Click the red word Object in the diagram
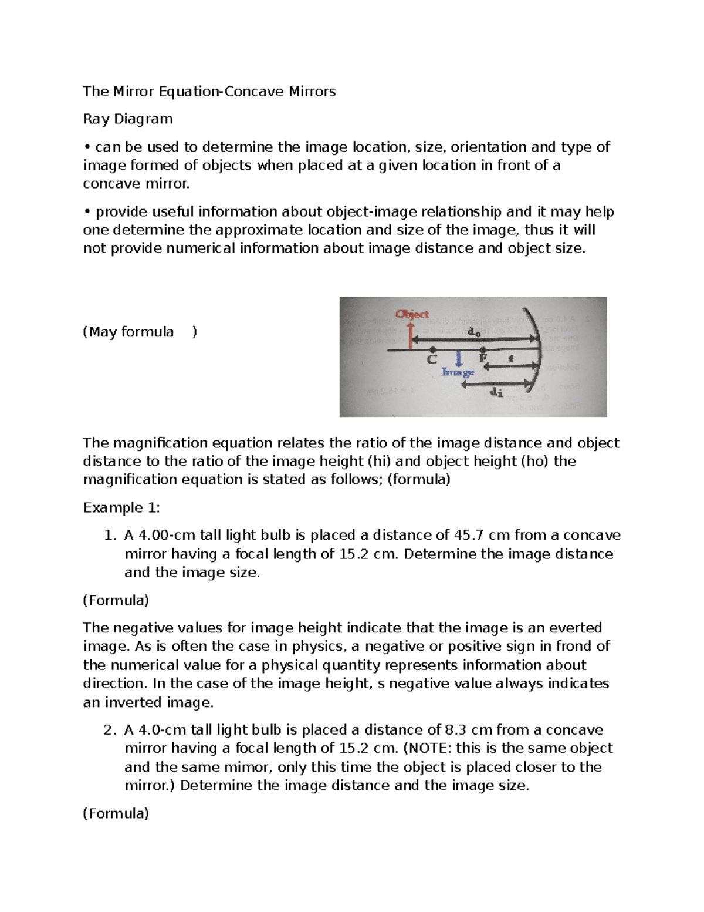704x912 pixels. [x=412, y=314]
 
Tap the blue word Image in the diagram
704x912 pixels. [x=458, y=372]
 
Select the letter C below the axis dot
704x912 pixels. [x=432, y=359]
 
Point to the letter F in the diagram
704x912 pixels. [x=483, y=358]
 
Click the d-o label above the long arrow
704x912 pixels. [x=473, y=332]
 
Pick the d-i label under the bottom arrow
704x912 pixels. [x=496, y=393]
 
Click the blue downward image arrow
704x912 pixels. [x=458, y=359]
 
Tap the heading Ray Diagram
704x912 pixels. [x=128, y=119]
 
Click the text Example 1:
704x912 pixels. [x=121, y=507]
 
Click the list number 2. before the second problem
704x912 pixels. [x=110, y=730]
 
